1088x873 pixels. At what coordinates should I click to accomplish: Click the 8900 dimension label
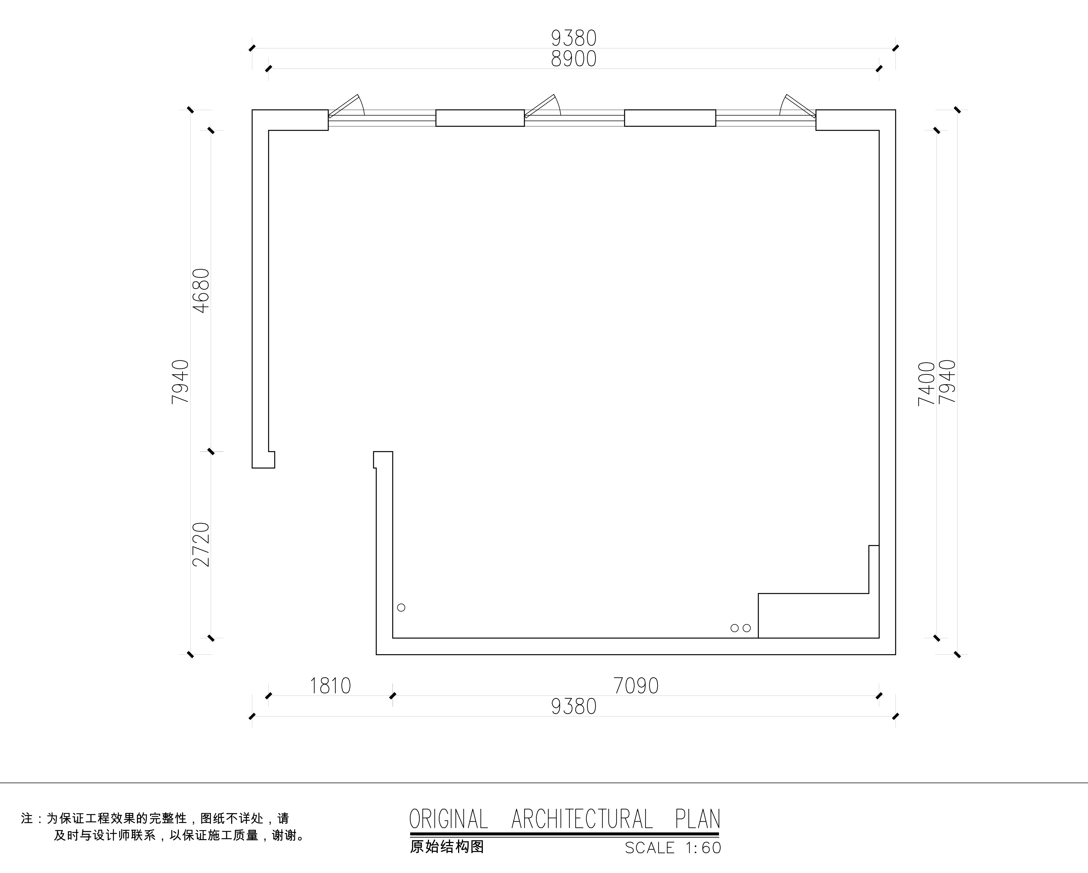point(574,59)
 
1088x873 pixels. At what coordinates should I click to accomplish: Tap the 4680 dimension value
point(201,291)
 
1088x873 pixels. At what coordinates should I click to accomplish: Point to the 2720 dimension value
point(201,544)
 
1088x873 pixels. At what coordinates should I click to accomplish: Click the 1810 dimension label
point(330,686)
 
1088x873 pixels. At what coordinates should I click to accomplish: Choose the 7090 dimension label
point(636,686)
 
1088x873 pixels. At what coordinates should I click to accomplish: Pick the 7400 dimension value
point(927,384)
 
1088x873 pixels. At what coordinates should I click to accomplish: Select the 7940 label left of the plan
point(180,382)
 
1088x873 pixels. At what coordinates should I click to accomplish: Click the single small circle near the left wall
point(401,607)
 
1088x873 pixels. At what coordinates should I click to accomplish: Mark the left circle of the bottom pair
point(735,628)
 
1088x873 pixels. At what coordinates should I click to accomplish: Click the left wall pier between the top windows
point(480,118)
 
